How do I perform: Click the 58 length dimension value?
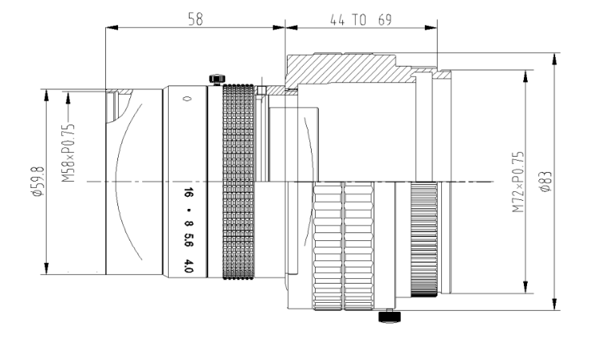pos(195,18)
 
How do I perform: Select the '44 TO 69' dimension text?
pos(361,20)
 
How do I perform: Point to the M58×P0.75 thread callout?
pos(68,153)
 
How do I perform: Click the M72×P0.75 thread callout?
pos(518,182)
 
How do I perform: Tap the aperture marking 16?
pos(189,193)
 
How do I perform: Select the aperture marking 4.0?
pos(189,265)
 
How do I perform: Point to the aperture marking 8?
pos(189,224)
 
